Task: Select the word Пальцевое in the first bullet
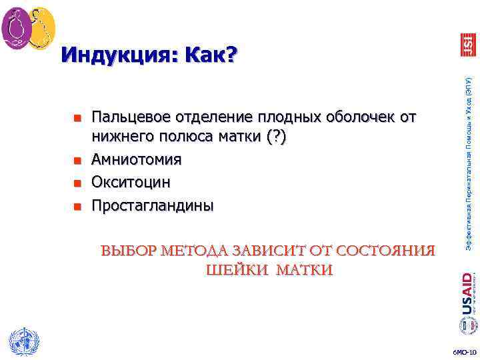(131, 117)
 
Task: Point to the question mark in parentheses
(281, 139)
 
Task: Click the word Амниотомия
(136, 160)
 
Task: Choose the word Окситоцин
(131, 182)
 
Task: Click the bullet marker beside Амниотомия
(77, 161)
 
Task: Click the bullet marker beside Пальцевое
(77, 119)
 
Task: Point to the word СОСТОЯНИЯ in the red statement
(386, 251)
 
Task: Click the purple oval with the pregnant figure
(16, 28)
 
